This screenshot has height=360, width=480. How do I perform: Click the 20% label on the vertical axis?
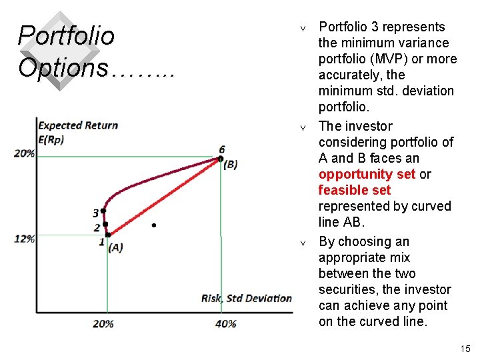click(25, 153)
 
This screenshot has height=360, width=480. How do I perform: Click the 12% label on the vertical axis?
click(25, 239)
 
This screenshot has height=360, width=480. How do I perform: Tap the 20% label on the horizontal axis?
click(103, 323)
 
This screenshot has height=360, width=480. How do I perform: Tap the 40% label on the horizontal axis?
click(225, 323)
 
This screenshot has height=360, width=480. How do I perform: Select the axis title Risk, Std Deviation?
click(247, 298)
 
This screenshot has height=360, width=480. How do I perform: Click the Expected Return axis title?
click(78, 125)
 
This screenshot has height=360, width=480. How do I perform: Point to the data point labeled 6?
click(220, 159)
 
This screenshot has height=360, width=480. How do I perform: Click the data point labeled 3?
click(103, 211)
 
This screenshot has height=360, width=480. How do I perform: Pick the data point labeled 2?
click(105, 224)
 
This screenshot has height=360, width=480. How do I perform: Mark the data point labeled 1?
click(108, 235)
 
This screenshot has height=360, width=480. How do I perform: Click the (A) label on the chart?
click(115, 247)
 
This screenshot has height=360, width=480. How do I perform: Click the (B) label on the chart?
click(229, 165)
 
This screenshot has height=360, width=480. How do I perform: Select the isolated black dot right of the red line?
click(153, 226)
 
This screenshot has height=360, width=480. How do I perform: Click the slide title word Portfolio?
click(66, 35)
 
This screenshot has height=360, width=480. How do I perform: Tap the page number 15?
click(465, 349)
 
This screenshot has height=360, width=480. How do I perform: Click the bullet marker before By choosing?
click(303, 243)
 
